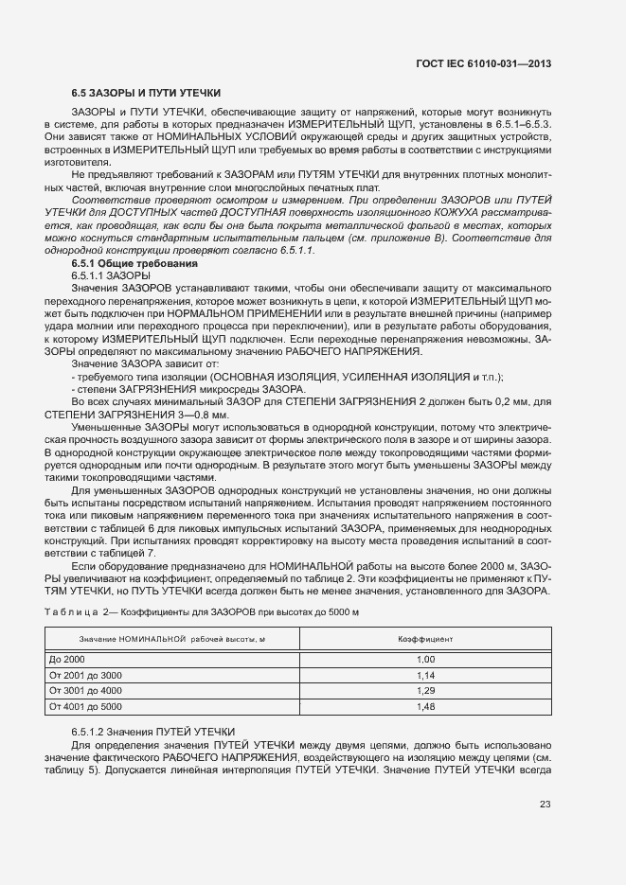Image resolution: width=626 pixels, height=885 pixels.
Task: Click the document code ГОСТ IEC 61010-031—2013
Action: pyautogui.click(x=483, y=63)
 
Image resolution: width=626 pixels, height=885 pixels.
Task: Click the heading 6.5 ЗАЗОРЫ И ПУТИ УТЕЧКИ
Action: pyautogui.click(x=147, y=93)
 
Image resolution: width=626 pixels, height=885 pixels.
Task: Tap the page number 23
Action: pyautogui.click(x=545, y=805)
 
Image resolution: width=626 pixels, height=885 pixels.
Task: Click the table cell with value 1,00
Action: pyautogui.click(x=425, y=659)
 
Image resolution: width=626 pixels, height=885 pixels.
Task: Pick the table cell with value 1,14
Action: pyautogui.click(x=425, y=675)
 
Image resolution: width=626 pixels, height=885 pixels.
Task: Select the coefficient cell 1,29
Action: pyautogui.click(x=425, y=691)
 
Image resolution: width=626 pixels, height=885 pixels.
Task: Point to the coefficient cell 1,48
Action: pyautogui.click(x=425, y=706)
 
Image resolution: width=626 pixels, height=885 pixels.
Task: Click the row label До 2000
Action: pyautogui.click(x=67, y=659)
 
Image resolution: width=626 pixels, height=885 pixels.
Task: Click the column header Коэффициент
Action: pyautogui.click(x=425, y=639)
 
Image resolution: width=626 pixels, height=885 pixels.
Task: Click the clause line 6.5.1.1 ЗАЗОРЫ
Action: pyautogui.click(x=104, y=274)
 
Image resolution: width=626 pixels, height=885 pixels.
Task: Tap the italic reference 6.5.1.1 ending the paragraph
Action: pyautogui.click(x=295, y=250)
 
